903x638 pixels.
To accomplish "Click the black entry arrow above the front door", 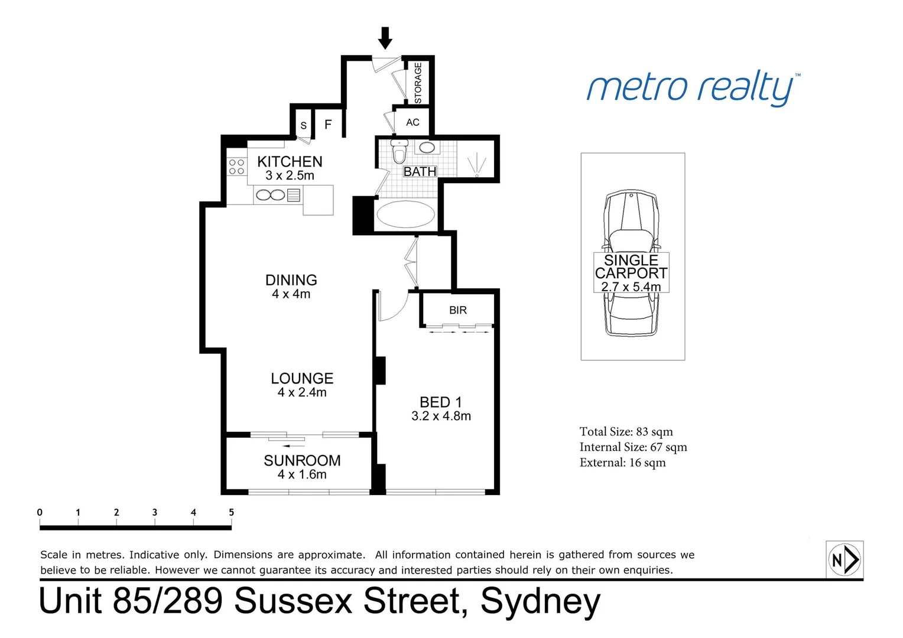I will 385,38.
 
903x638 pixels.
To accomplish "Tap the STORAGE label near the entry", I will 418,83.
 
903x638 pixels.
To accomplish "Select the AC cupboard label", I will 412,122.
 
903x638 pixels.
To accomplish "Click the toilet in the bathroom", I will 399,152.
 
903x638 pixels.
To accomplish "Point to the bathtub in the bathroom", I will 405,214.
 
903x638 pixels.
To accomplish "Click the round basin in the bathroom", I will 427,147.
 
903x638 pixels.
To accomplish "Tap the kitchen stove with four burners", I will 236,167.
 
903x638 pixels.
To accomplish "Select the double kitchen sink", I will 271,195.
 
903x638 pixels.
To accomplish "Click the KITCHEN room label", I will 290,161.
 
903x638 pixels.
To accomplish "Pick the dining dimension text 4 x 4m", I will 291,294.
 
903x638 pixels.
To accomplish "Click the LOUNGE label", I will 302,378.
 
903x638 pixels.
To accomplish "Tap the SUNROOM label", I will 302,460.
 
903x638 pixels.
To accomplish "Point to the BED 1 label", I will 440,402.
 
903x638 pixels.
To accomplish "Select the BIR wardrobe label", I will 458,310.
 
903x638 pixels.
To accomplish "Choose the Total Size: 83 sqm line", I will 626,432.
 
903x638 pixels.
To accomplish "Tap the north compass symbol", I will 845,559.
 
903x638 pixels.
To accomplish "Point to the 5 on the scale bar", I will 231,512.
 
